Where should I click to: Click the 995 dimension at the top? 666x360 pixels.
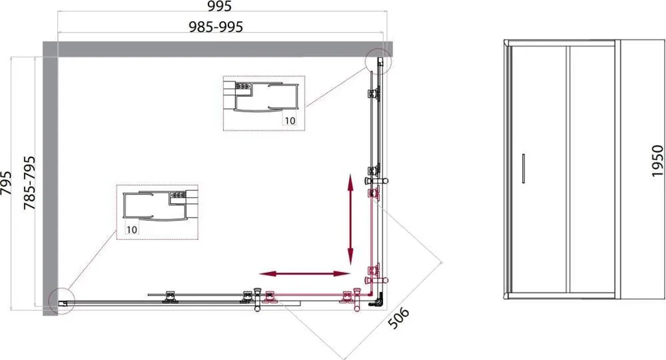[220, 6]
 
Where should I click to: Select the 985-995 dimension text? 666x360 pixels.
[216, 27]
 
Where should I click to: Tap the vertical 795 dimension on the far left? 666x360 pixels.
[6, 183]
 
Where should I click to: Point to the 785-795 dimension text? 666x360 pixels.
[29, 183]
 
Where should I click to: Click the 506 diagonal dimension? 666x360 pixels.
[399, 318]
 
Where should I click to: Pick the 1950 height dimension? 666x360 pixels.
[657, 161]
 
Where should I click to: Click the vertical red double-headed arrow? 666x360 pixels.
[350, 220]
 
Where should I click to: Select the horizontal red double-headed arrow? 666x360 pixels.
[305, 273]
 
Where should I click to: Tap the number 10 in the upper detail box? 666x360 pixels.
[290, 121]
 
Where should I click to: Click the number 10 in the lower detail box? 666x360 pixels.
[132, 230]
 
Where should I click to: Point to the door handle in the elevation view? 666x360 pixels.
[524, 168]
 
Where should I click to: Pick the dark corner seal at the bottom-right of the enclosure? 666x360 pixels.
[377, 300]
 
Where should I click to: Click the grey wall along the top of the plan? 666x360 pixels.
[217, 49]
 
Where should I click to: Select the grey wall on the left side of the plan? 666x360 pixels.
[50, 179]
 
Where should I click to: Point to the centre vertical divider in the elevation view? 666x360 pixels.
[567, 169]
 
